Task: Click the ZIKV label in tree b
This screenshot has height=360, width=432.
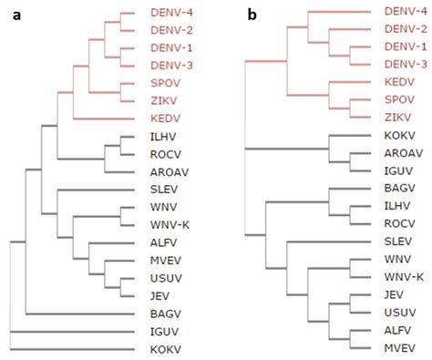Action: pyautogui.click(x=396, y=116)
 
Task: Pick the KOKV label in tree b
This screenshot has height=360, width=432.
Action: pyautogui.click(x=396, y=134)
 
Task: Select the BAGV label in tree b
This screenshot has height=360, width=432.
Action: pyautogui.click(x=397, y=188)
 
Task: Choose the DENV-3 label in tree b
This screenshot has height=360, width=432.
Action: pyautogui.click(x=402, y=63)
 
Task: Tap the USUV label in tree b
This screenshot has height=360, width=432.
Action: pyautogui.click(x=397, y=312)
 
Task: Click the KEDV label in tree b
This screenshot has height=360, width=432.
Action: pyautogui.click(x=397, y=81)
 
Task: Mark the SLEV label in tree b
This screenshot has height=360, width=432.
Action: pyautogui.click(x=396, y=241)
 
